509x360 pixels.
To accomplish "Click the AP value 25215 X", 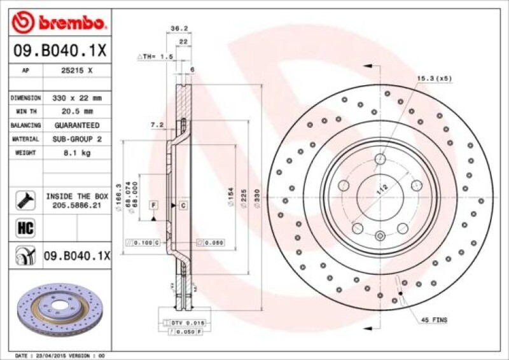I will point(76,72).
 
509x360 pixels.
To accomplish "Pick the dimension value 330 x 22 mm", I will point(76,99).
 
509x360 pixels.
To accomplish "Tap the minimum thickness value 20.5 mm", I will point(76,112).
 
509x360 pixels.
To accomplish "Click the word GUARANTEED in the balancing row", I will point(76,125).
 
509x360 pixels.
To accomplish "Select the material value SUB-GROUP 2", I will point(76,139).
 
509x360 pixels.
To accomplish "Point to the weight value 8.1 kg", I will point(76,153).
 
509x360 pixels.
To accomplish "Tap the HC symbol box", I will point(22,226).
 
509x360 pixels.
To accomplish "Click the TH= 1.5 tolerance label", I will point(156,57).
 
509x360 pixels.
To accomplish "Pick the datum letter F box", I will point(153,205).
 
